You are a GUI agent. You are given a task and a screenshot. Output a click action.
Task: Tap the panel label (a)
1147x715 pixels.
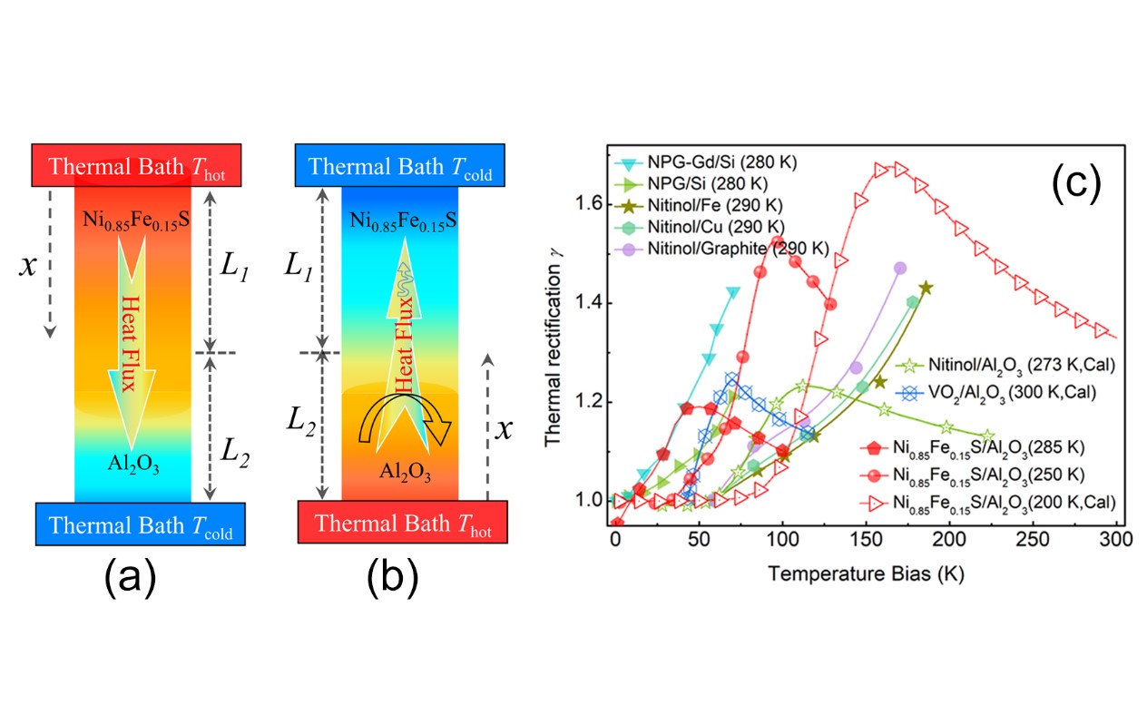point(132,577)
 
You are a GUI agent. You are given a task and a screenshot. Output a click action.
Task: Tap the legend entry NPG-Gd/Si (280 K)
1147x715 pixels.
point(717,162)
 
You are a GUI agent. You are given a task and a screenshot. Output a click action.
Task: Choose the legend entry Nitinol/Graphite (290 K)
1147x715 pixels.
point(737,248)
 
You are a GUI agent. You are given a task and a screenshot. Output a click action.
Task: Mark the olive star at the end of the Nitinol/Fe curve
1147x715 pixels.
point(926,288)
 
